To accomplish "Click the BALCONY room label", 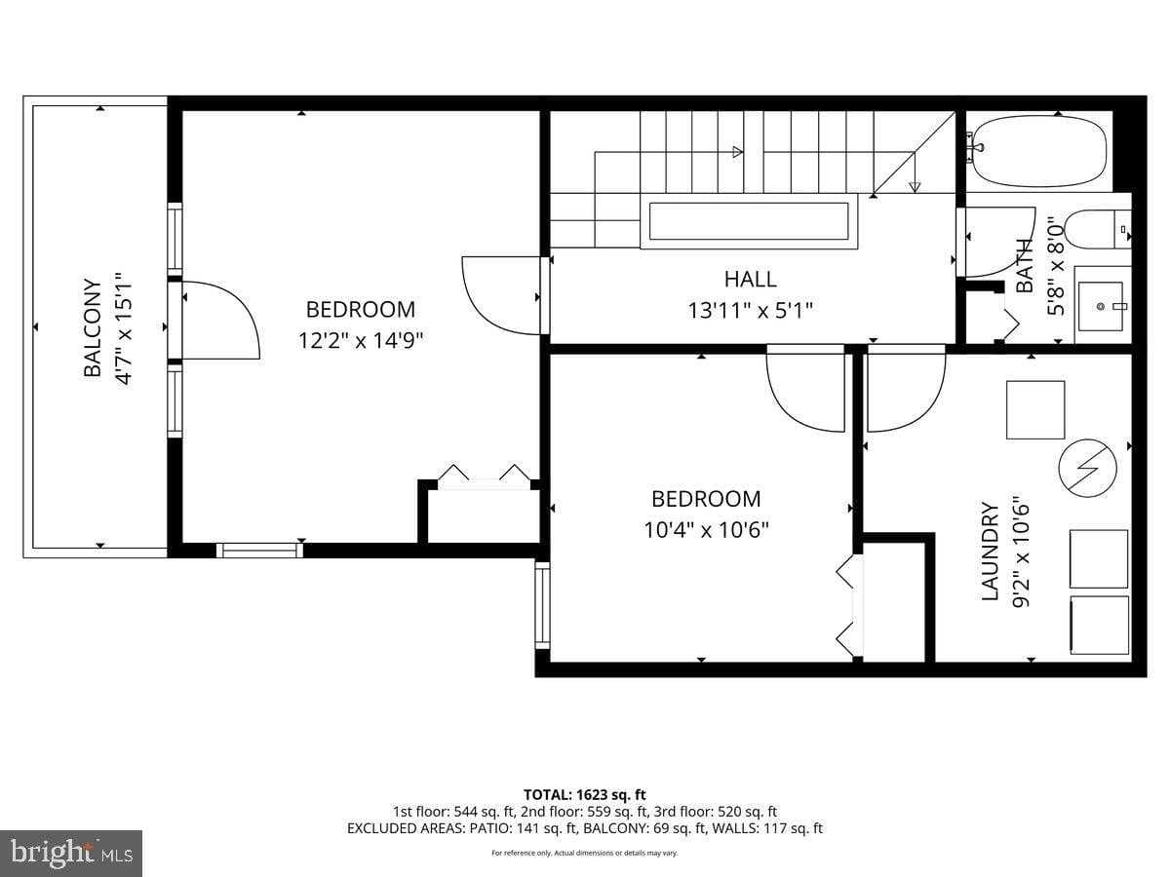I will [92, 328].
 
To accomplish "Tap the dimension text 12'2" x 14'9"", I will [361, 340].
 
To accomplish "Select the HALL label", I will [750, 279].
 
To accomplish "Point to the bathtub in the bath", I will [1040, 152].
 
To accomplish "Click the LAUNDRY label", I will [990, 551].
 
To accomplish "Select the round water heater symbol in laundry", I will [1087, 467].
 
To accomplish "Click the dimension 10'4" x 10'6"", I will [706, 529].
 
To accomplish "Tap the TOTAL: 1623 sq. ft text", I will [585, 794].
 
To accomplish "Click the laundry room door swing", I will [905, 390].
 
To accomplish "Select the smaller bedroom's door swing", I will [805, 390].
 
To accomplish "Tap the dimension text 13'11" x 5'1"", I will [750, 310].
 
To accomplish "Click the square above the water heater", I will [1034, 409].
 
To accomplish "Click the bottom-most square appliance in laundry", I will [1099, 625].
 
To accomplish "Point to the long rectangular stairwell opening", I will [749, 221].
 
